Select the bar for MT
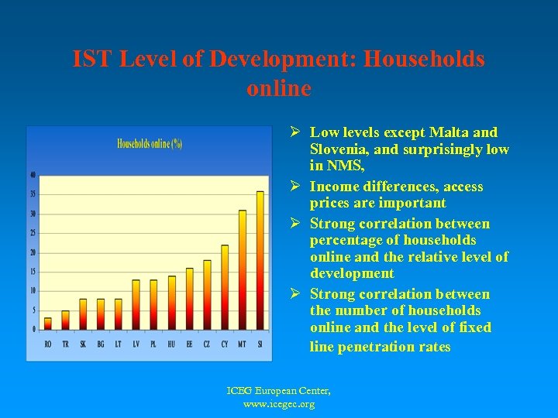tap(243, 270)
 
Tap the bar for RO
tap(48, 324)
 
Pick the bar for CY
tap(225, 287)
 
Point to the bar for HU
tap(172, 303)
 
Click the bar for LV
tap(136, 304)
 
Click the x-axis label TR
tap(66, 344)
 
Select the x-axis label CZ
tap(207, 344)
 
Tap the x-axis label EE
tap(189, 344)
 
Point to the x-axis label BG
tap(101, 344)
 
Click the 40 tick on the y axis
tap(33, 174)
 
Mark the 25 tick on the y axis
tap(33, 232)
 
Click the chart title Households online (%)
tap(150, 143)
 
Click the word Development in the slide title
tap(291, 59)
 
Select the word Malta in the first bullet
tap(439, 132)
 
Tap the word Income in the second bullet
tap(335, 187)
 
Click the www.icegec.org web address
tap(279, 404)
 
